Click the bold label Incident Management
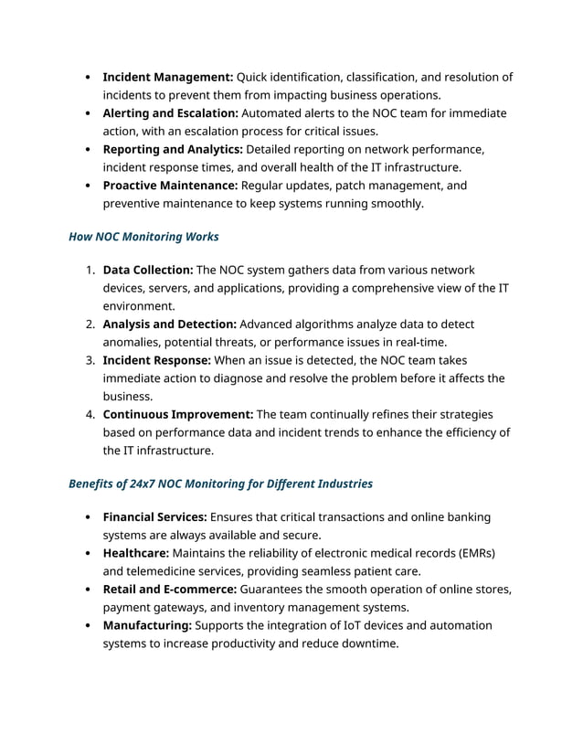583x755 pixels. [168, 77]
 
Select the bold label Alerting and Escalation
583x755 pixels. [170, 113]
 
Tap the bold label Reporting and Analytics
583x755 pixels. [173, 149]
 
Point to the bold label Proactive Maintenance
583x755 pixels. [170, 186]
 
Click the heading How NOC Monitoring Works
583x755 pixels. [143, 237]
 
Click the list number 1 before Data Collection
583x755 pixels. [90, 271]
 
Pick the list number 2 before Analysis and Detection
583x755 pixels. [90, 324]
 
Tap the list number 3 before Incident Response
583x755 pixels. [90, 360]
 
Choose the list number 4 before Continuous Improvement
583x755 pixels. [90, 414]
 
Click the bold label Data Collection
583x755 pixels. [148, 271]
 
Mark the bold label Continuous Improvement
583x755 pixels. [178, 414]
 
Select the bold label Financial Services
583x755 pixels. [154, 517]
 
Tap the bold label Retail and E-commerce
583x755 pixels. [170, 590]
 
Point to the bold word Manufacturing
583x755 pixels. [147, 625]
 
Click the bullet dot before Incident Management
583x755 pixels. [86, 78]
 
